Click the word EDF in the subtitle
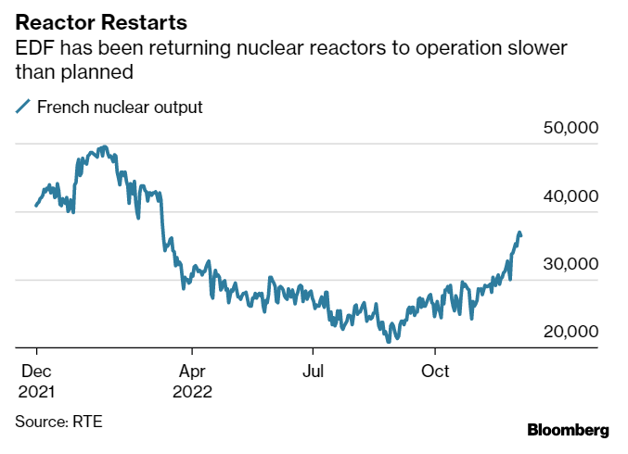point(32,47)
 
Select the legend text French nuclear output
point(120,107)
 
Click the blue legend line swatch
point(23,107)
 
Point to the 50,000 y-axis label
point(570,128)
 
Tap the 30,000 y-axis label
point(570,264)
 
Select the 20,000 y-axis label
point(570,332)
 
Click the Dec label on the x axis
point(34,372)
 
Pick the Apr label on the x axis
point(192,372)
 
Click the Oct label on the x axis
point(435,372)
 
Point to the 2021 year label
point(36,391)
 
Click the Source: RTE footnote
point(58,422)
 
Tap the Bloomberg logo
point(568,430)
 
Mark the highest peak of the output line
point(103,146)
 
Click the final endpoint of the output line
point(521,235)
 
